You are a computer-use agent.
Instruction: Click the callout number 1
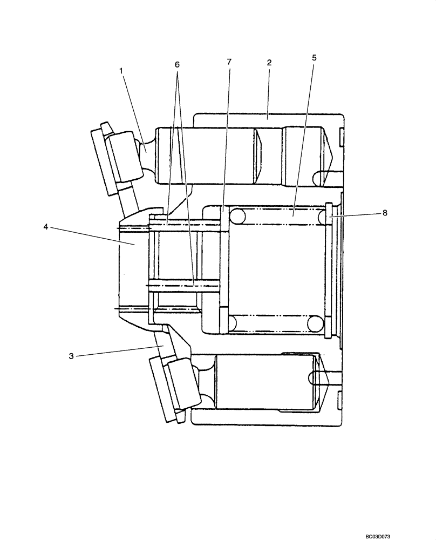(x=121, y=71)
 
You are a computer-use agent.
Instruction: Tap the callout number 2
(x=269, y=62)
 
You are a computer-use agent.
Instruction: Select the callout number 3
(x=71, y=356)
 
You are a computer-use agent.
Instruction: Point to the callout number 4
(x=47, y=227)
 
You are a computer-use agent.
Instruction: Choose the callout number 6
(x=177, y=64)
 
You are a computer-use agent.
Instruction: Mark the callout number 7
(x=229, y=62)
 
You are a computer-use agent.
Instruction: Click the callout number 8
(x=385, y=213)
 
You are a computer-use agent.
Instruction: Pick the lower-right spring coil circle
(x=315, y=323)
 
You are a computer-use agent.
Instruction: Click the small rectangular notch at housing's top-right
(x=341, y=138)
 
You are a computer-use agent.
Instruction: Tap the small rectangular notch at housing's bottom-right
(x=339, y=401)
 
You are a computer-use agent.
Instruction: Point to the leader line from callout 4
(x=92, y=235)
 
